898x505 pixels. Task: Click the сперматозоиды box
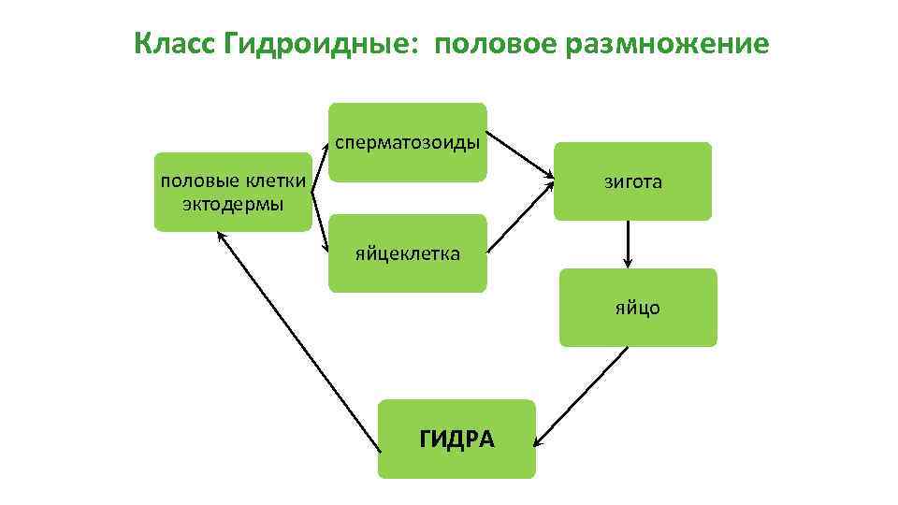[x=408, y=142]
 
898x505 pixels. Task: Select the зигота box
[x=632, y=181]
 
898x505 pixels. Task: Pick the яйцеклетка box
[x=407, y=253]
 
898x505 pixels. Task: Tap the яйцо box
[x=638, y=308]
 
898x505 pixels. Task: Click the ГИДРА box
[x=456, y=439]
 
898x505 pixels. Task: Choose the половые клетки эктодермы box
[x=233, y=191]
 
